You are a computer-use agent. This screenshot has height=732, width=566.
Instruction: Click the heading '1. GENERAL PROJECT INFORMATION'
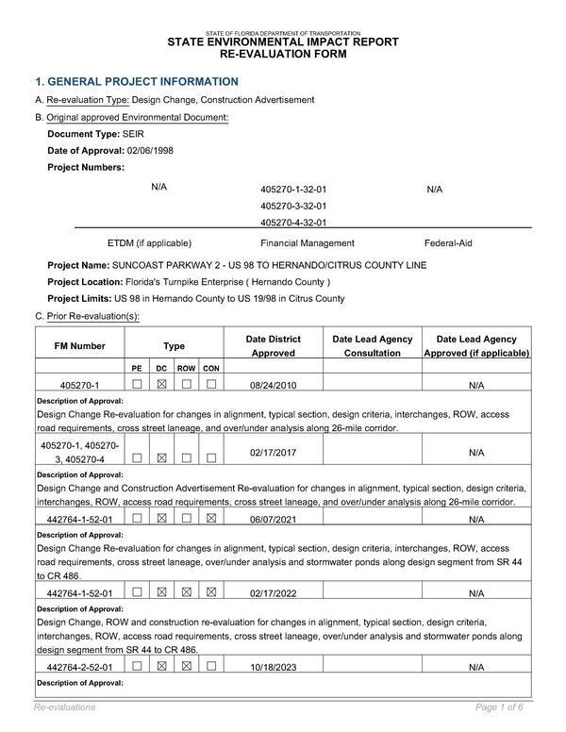pos(137,82)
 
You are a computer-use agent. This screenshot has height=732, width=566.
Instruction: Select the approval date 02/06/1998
pos(150,151)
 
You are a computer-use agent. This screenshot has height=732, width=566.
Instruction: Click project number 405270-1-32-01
pos(293,190)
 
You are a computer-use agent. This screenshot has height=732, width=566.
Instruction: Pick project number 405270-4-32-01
pos(293,224)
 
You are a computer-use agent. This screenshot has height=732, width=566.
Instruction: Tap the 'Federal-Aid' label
pos(448,243)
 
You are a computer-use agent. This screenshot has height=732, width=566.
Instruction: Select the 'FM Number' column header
pos(80,346)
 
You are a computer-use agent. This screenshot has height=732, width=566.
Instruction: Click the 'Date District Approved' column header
pos(274,346)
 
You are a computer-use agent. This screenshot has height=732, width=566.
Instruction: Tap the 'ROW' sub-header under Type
pos(187,368)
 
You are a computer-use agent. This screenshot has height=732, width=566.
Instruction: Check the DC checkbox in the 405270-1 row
pos(161,385)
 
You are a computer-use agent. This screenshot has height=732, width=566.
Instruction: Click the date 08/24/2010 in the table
pos(274,386)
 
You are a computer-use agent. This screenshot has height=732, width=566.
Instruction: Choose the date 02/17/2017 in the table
pos(274,453)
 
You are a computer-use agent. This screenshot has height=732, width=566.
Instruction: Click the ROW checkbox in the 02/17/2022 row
pos(187,593)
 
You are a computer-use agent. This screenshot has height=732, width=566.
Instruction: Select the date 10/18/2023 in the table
pos(274,668)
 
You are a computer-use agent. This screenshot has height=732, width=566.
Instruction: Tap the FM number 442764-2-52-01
pos(80,668)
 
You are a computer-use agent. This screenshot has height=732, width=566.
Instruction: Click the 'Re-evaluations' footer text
pos(64,707)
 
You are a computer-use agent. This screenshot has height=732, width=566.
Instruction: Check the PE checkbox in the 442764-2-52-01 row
pos(138,667)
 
